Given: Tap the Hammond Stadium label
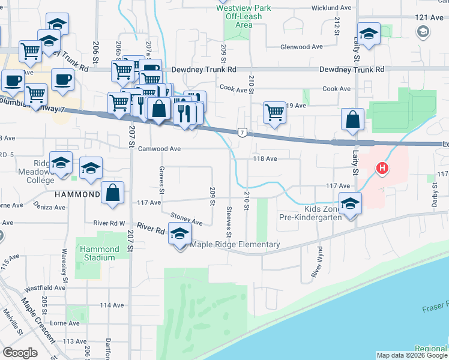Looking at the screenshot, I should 96,253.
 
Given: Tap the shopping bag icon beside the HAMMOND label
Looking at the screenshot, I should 112,193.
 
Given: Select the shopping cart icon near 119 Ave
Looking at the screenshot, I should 274,112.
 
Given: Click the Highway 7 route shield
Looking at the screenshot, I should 241,131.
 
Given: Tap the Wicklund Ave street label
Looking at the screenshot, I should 331,8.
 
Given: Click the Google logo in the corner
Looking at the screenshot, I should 20,352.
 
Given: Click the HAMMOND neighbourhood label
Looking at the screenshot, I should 77,195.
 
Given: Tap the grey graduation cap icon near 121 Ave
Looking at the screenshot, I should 423,31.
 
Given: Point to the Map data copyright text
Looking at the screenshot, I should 411,355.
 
